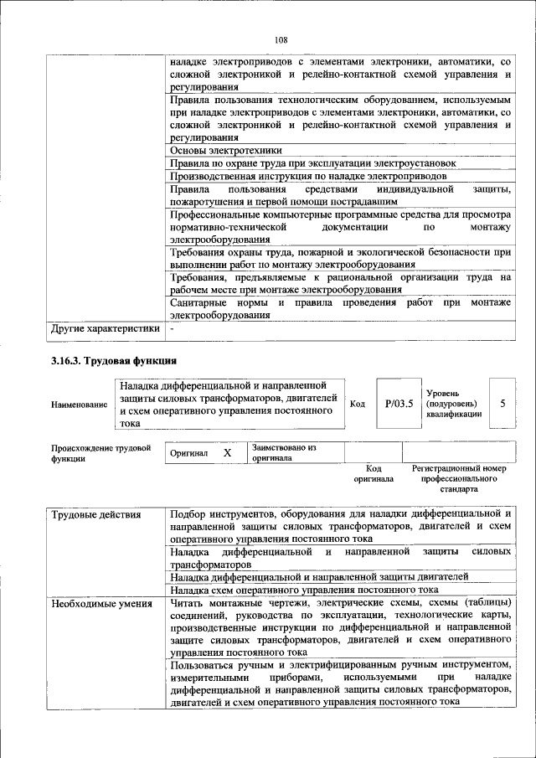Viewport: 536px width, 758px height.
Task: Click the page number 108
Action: pyautogui.click(x=281, y=39)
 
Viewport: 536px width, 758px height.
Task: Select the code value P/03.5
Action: pyautogui.click(x=399, y=404)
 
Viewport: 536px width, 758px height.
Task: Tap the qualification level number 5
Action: pyautogui.click(x=502, y=404)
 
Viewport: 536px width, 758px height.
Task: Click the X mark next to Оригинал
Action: pyautogui.click(x=227, y=452)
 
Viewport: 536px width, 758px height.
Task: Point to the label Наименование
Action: pyautogui.click(x=80, y=405)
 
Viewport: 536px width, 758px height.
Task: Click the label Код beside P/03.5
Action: pyautogui.click(x=358, y=404)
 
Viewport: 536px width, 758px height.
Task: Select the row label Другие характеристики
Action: pyautogui.click(x=106, y=328)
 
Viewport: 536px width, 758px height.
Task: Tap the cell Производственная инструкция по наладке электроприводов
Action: pyautogui.click(x=307, y=177)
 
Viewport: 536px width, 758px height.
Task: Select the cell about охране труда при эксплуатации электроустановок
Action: pyautogui.click(x=312, y=163)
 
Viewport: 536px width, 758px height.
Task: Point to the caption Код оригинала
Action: pyautogui.click(x=374, y=474)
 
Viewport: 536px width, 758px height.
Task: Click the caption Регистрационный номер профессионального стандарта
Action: pyautogui.click(x=459, y=479)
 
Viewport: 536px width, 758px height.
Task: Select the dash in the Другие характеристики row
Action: pyautogui.click(x=172, y=328)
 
